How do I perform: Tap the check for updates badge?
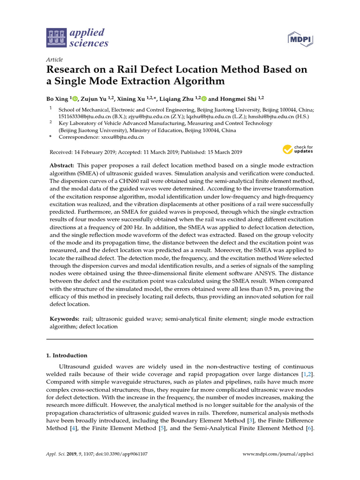[x=298, y=150]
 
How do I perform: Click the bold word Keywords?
[x=64, y=319]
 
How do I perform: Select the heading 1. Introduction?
[x=66, y=355]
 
